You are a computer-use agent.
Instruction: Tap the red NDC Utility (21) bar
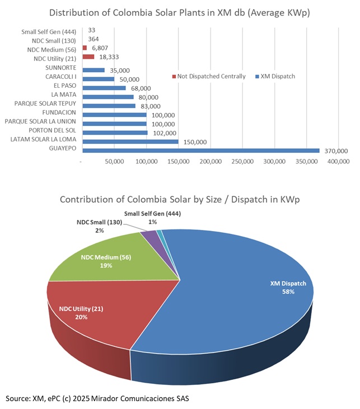pyautogui.click(x=88, y=57)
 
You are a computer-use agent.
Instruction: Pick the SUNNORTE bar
pyautogui.click(x=93, y=70)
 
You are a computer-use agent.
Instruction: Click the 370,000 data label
pyautogui.click(x=336, y=151)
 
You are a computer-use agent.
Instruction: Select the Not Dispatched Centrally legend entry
pyautogui.click(x=208, y=76)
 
